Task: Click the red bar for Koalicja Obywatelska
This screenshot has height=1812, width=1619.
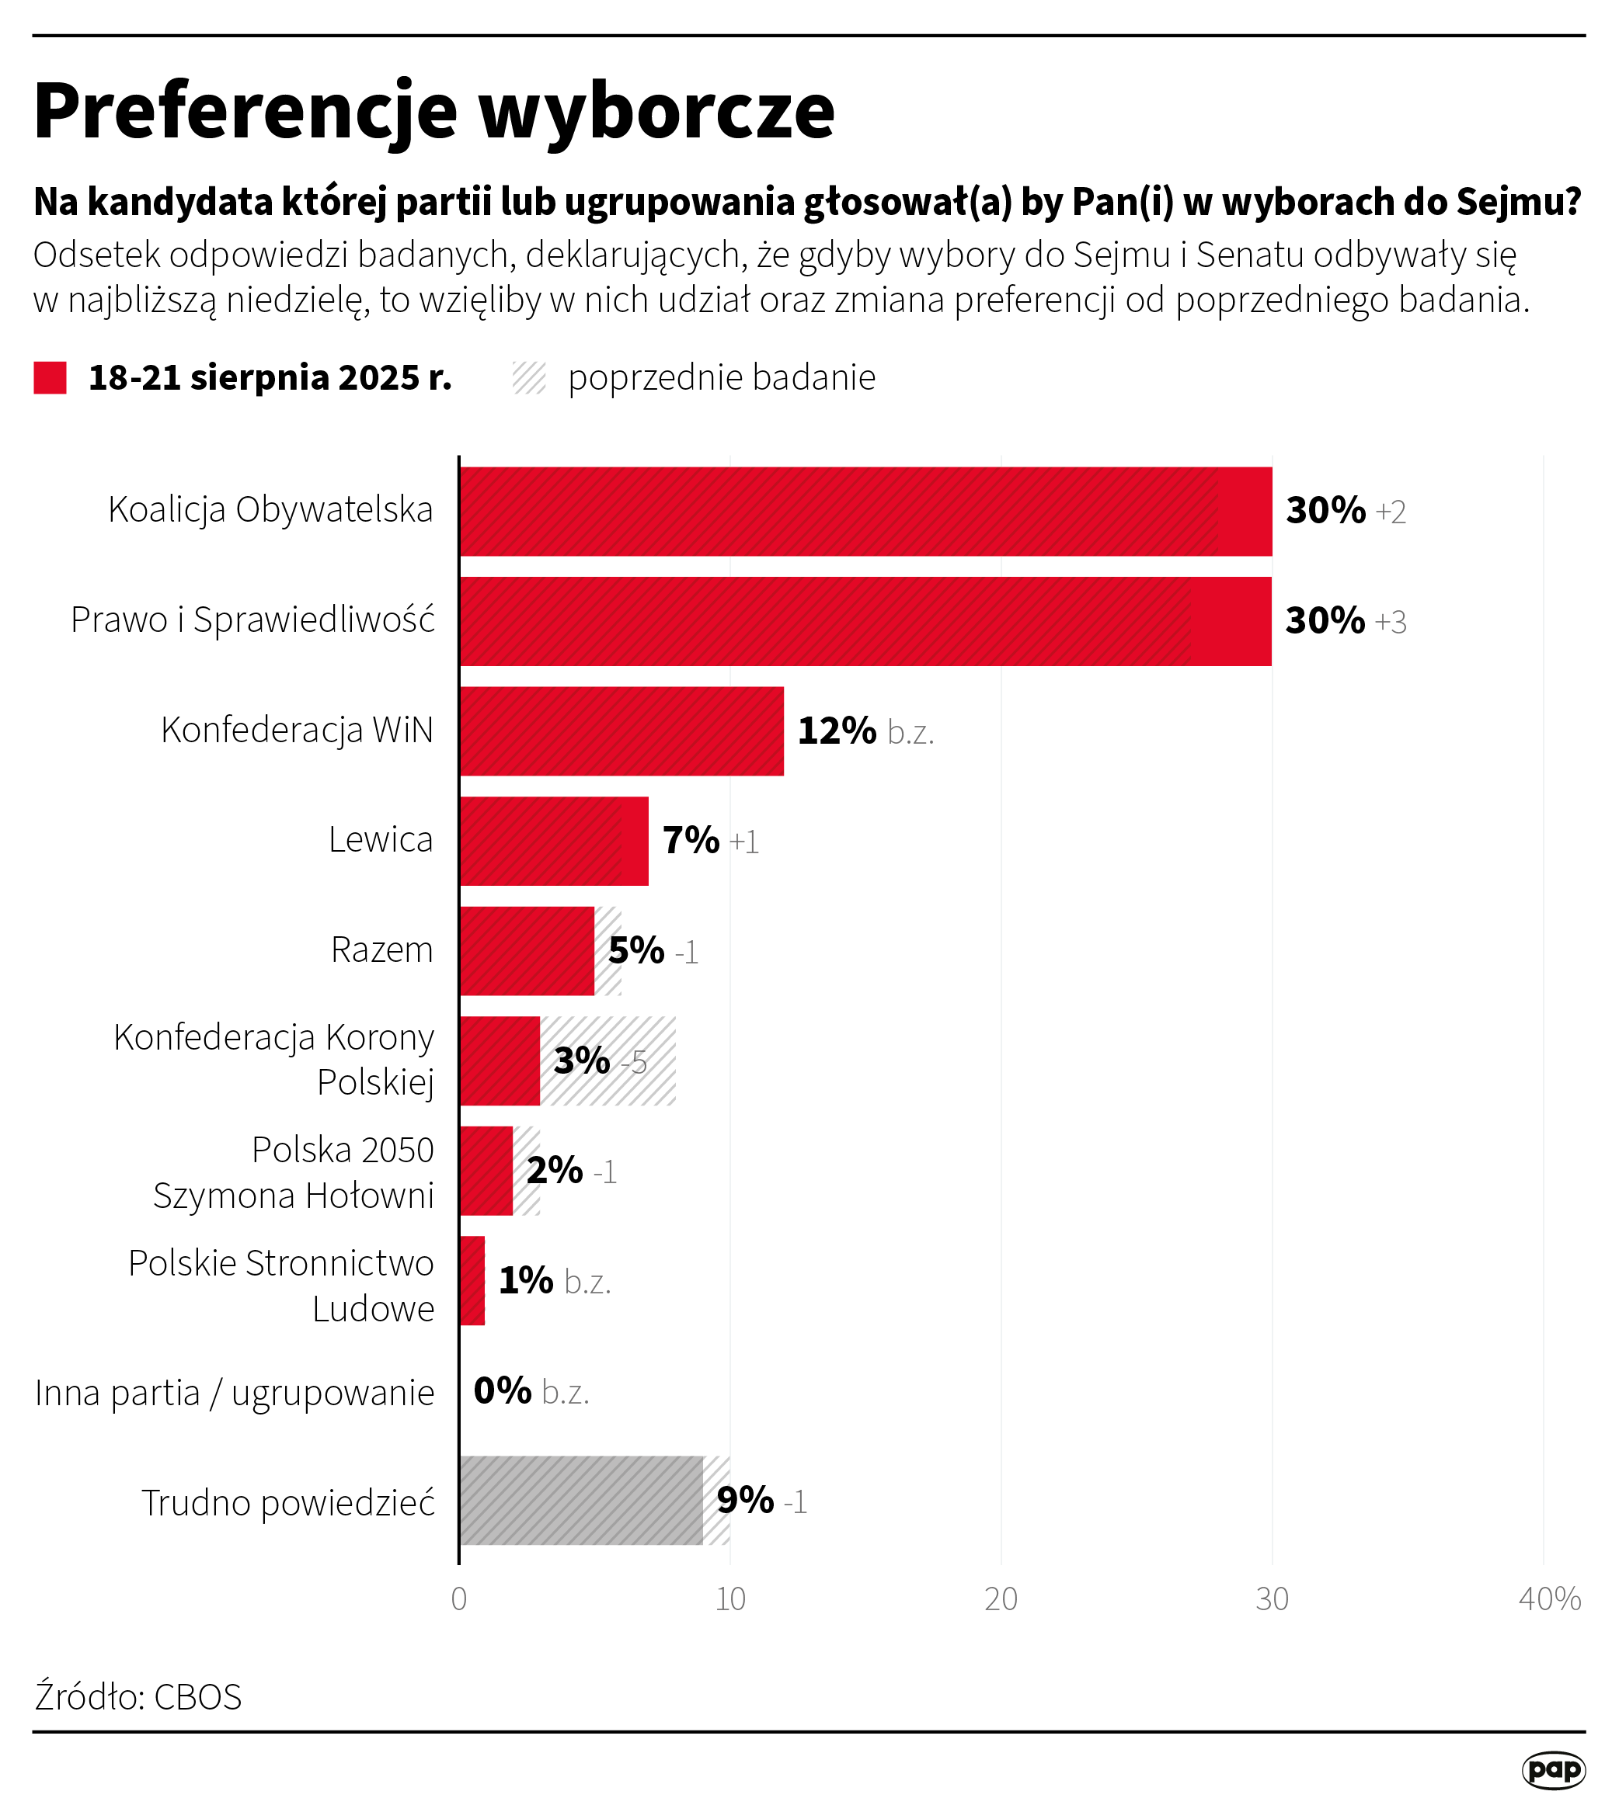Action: [865, 512]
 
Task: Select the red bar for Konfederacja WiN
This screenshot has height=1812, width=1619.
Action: [621, 731]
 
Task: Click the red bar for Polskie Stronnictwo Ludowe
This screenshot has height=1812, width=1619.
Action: [472, 1280]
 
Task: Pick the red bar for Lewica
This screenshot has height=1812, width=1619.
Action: [553, 841]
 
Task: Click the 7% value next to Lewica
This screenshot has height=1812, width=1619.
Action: [691, 840]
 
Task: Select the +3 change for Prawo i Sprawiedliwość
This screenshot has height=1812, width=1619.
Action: [1390, 622]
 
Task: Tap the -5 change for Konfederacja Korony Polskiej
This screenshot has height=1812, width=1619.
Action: [633, 1063]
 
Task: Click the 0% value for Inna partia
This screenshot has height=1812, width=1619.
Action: [502, 1390]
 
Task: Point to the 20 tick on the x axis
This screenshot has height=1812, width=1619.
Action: [1001, 1599]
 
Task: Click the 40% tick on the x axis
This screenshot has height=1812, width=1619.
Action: [1549, 1599]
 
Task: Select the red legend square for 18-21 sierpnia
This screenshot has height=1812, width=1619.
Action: [50, 377]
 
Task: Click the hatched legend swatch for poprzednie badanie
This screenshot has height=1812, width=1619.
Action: [529, 377]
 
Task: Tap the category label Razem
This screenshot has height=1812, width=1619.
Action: [381, 949]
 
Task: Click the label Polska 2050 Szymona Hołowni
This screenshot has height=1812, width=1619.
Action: [294, 1172]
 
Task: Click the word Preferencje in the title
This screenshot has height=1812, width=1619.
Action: [245, 110]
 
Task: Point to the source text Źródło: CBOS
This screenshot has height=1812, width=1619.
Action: [138, 1696]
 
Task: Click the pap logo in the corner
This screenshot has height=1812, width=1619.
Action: [1553, 1769]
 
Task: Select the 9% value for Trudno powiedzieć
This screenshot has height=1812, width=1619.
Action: [744, 1500]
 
